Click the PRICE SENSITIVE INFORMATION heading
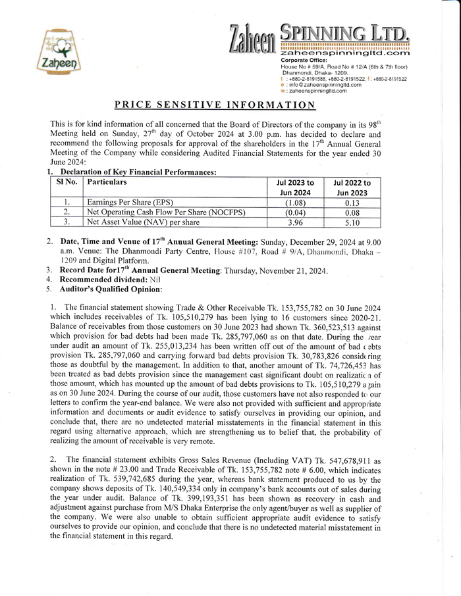[x=215, y=104]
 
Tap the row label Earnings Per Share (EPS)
[x=126, y=203]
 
